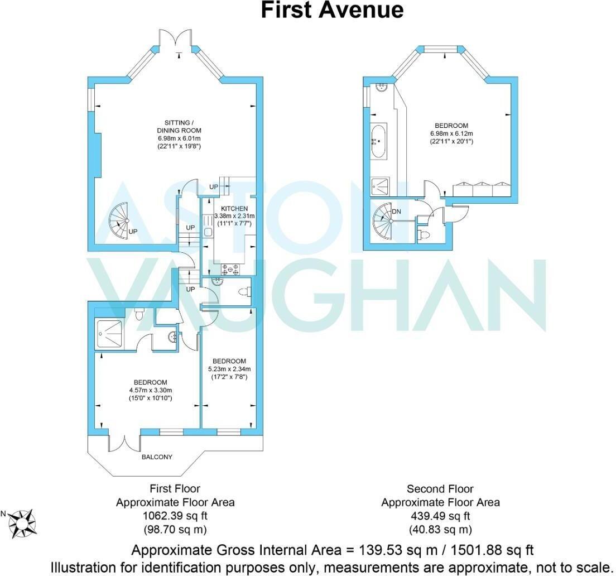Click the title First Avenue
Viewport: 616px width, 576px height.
coord(332,10)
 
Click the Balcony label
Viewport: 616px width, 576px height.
coord(156,457)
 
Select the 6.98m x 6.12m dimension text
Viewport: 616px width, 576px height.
coord(453,133)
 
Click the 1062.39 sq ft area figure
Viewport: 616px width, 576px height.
coord(175,516)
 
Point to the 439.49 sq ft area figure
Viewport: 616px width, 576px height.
coord(440,516)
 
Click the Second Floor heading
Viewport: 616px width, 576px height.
coord(440,489)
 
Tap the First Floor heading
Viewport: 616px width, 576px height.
coord(175,489)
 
